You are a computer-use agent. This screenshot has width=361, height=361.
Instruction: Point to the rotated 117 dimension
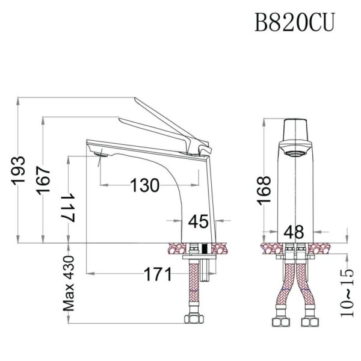[69, 208]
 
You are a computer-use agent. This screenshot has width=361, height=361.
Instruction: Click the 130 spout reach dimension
[145, 185]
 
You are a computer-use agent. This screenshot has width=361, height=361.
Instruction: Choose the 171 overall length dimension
[158, 275]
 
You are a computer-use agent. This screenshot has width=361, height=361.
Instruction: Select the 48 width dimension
[295, 231]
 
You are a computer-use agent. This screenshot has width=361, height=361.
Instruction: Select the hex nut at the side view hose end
[194, 318]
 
